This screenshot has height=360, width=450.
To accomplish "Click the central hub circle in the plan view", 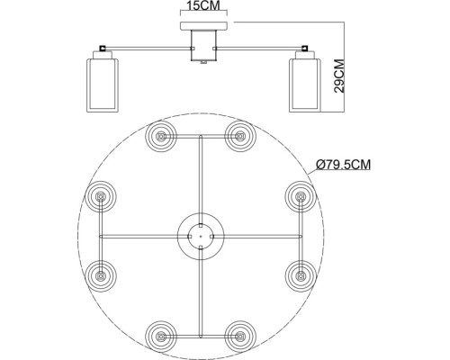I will click(x=199, y=236).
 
